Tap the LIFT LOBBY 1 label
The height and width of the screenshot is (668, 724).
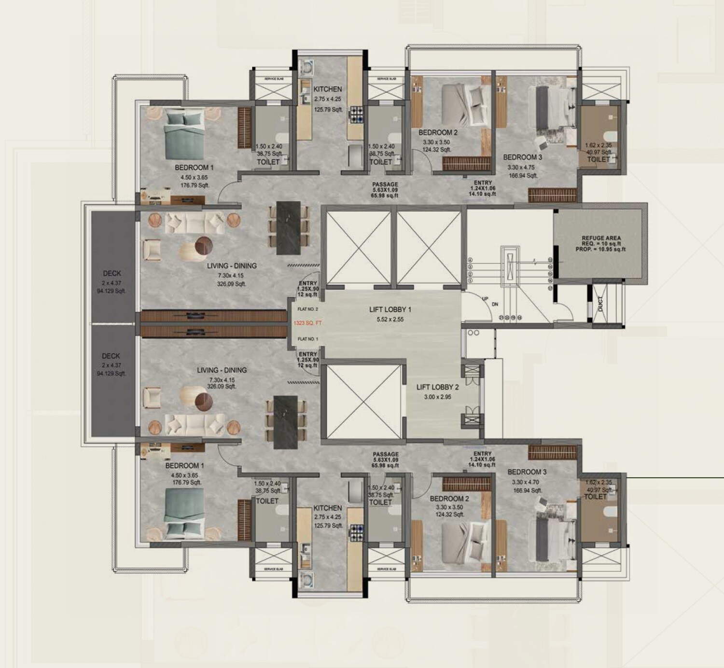390,309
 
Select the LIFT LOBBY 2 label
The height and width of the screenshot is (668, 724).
437,387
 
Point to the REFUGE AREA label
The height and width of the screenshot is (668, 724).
601,238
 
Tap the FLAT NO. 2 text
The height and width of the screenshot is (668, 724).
307,309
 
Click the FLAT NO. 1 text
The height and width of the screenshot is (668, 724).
307,339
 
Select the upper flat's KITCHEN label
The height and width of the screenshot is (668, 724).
327,89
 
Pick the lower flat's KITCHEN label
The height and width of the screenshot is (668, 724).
327,508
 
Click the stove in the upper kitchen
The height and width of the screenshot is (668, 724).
357,115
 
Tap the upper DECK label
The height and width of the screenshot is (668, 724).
111,273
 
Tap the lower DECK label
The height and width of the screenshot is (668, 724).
111,356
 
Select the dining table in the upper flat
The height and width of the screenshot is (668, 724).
288,228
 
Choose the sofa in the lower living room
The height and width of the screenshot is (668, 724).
195,425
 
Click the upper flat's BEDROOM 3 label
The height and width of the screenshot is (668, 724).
522,157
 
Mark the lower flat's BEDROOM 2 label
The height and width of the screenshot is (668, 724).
449,499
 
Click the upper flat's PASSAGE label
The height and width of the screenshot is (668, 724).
385,184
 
